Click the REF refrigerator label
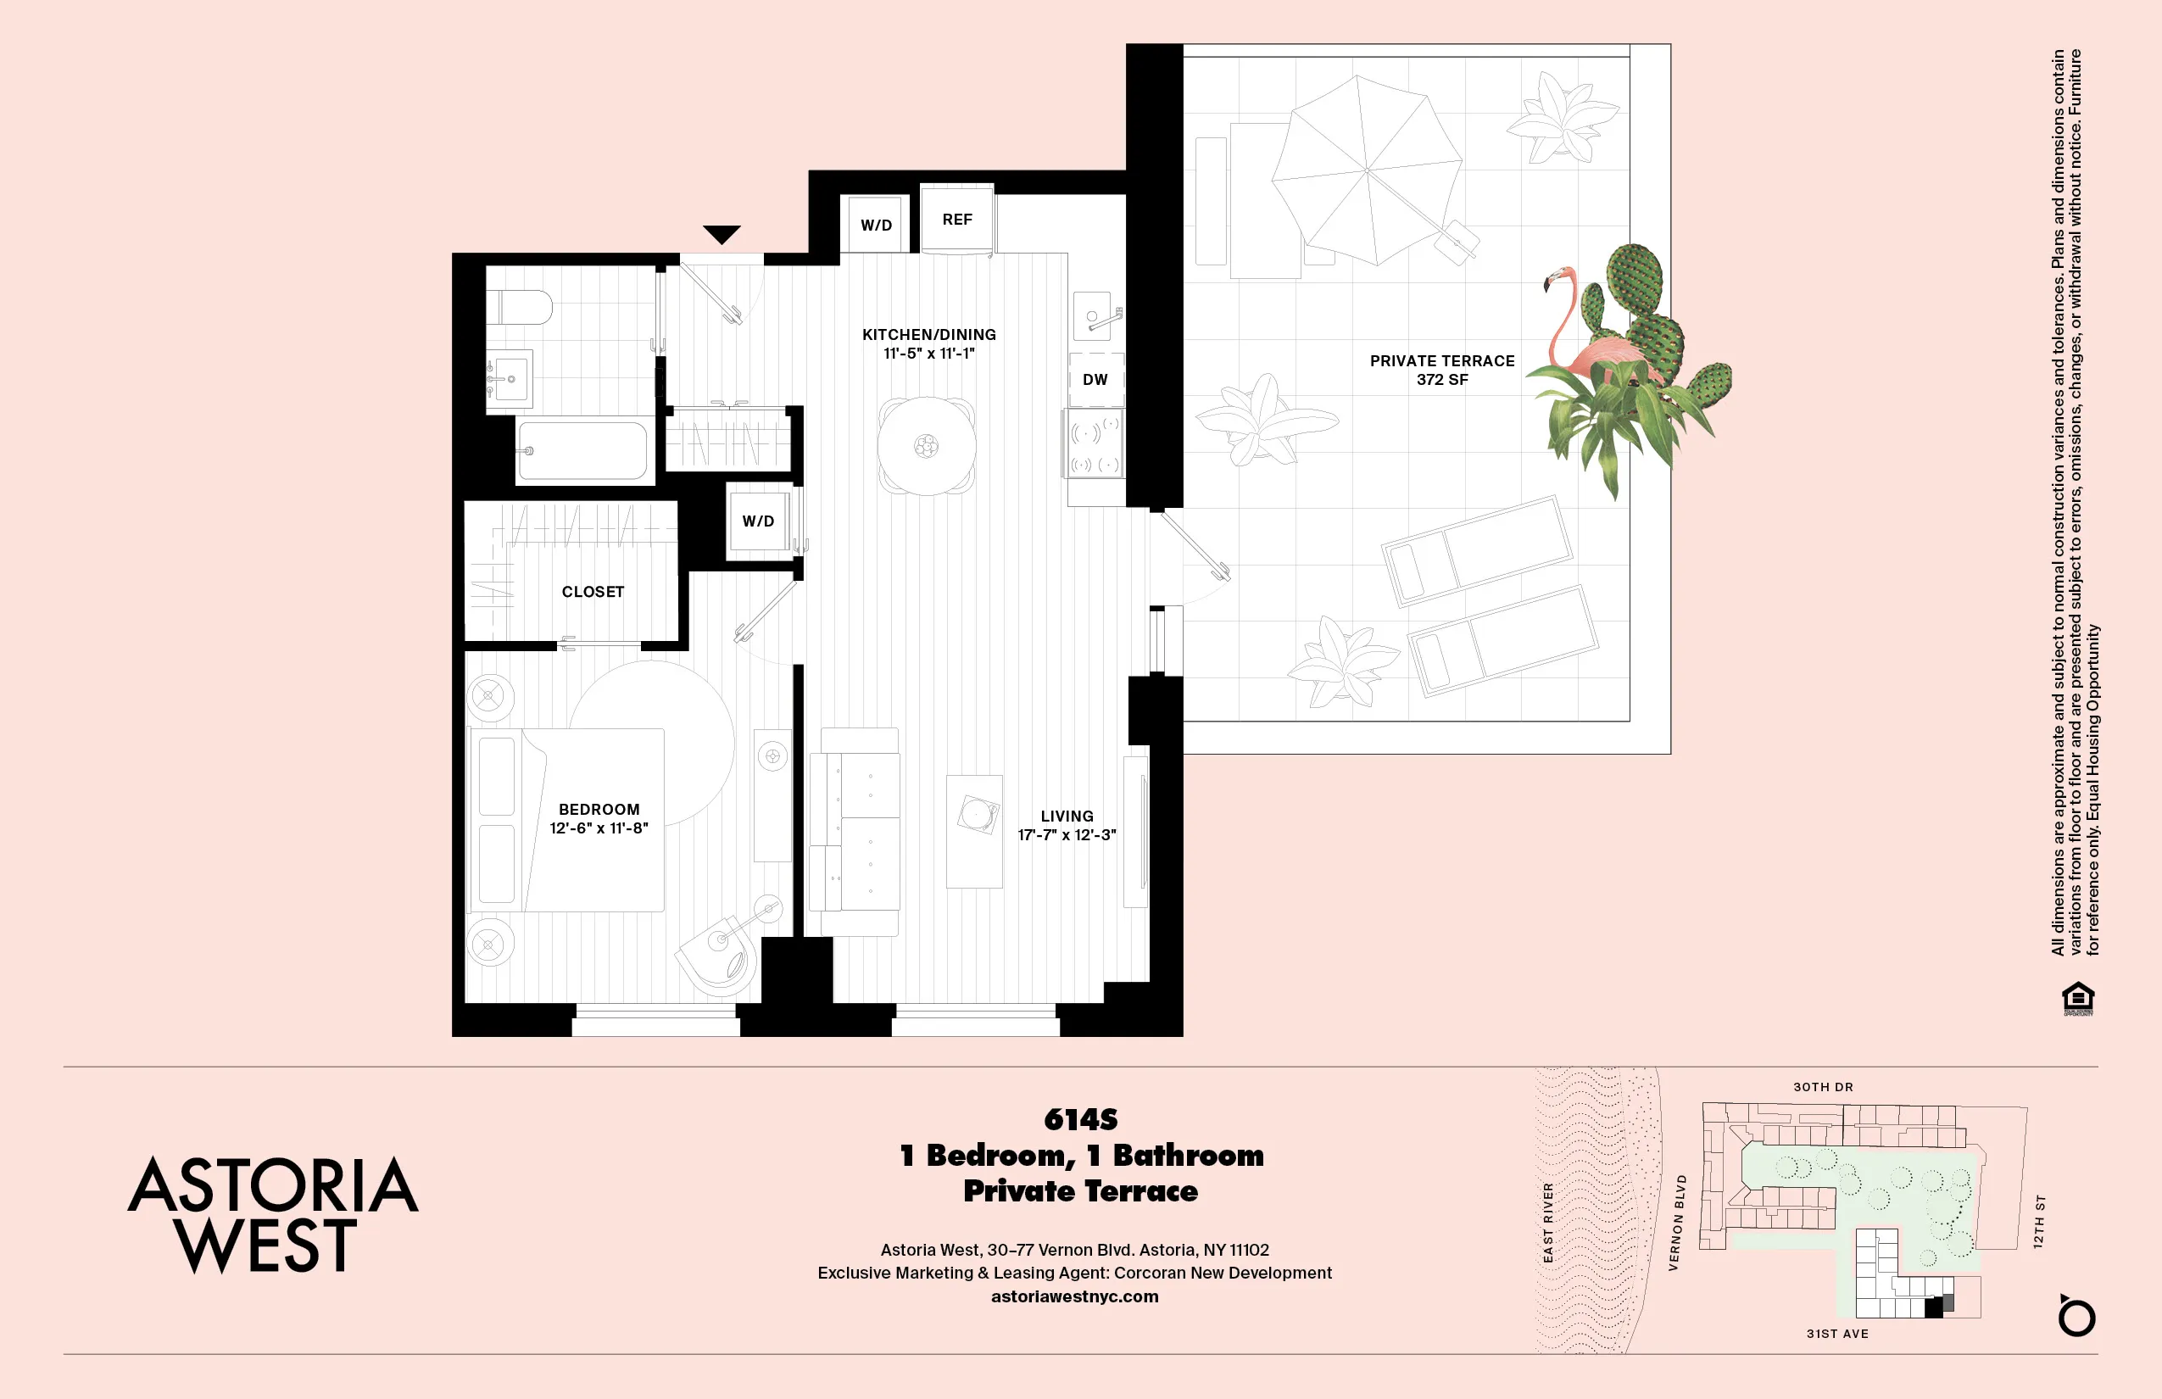click(956, 220)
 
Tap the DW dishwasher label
click(1095, 380)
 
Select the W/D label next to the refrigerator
click(876, 226)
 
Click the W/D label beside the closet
click(758, 521)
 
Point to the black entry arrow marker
click(722, 233)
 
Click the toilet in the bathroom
click(521, 307)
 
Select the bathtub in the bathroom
click(582, 449)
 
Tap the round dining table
click(927, 446)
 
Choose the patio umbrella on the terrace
click(1366, 170)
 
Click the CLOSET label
click(593, 593)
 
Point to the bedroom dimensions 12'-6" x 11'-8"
click(599, 828)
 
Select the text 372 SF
click(1441, 380)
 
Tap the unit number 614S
click(1080, 1119)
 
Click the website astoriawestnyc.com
click(1075, 1296)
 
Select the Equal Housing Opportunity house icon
click(2078, 997)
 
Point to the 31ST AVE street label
click(1836, 1334)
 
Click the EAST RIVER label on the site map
click(1549, 1222)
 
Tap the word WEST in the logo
click(266, 1246)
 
